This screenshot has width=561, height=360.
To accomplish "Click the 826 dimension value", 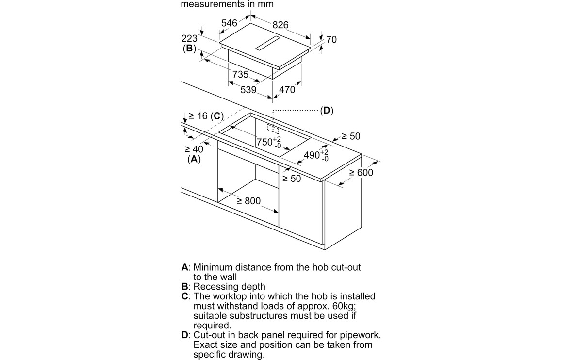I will [x=280, y=25].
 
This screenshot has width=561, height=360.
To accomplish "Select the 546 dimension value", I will [x=229, y=23].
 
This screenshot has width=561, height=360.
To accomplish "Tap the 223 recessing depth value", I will [x=189, y=38].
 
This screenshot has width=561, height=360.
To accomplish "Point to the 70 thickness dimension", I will [x=331, y=40].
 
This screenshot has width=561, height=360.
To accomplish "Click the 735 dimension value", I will [x=241, y=74].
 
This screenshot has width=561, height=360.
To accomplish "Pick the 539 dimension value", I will [x=248, y=90].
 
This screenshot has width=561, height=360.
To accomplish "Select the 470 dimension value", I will [x=287, y=90].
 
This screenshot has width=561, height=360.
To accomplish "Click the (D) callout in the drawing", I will [x=327, y=111].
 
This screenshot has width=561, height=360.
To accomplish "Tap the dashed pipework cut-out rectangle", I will [x=273, y=129].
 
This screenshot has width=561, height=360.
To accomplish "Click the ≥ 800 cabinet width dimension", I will [x=248, y=200].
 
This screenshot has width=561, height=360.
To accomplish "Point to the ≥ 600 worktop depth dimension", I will [x=362, y=173].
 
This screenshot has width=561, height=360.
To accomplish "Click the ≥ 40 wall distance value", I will [x=194, y=149].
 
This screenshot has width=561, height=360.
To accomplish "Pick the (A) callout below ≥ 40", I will [x=194, y=159].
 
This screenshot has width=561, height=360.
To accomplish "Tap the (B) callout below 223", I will [x=189, y=49].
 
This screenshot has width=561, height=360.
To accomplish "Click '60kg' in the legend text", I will [x=346, y=306].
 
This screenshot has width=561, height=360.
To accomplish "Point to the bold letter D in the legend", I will [x=184, y=335].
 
